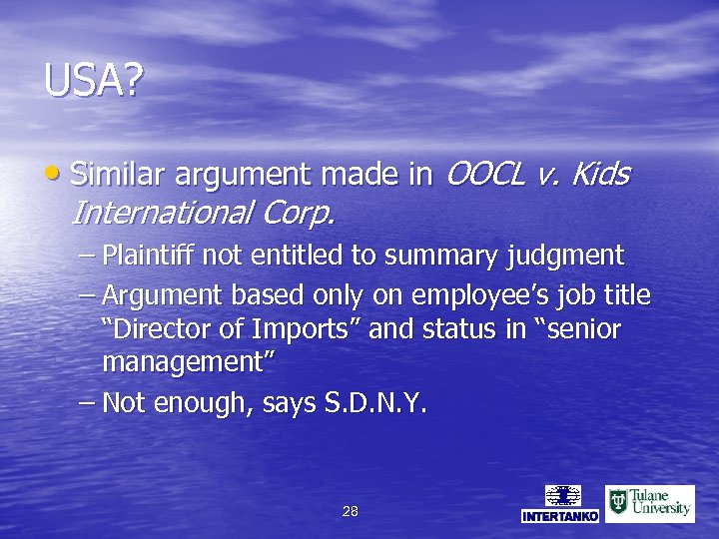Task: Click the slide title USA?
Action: (93, 81)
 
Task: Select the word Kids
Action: (602, 175)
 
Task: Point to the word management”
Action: (189, 362)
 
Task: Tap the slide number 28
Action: (350, 511)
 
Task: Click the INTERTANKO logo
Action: (561, 504)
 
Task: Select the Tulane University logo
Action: (649, 503)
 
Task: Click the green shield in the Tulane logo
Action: (618, 502)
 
